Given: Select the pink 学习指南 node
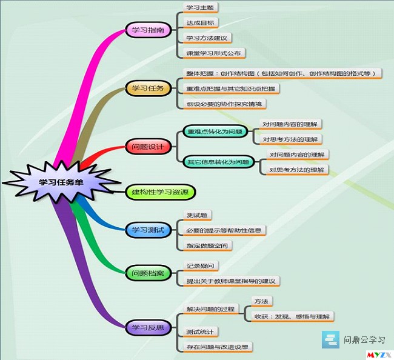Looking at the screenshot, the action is coord(148,30).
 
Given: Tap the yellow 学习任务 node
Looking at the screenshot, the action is coord(148,88).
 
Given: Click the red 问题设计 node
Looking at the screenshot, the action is coord(148,147).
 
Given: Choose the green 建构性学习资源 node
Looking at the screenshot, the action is coord(160,192).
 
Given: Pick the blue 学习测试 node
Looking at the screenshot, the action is coord(148,230).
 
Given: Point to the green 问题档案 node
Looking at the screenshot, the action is coord(148,273).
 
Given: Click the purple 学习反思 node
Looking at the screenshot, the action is coord(148,328).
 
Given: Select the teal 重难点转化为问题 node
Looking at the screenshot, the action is coord(215,132).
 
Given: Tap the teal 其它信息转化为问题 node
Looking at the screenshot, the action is coord(218,162).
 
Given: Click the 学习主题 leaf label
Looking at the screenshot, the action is coord(200,7).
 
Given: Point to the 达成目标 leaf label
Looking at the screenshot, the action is coord(200,23).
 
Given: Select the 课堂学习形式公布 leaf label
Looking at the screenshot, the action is coord(213,53).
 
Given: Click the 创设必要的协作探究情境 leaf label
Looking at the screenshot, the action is coord(224,104).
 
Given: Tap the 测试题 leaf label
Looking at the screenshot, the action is coord(197,215).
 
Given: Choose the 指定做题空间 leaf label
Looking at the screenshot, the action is coord(207,245).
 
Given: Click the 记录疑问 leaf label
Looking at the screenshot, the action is coord(201,266).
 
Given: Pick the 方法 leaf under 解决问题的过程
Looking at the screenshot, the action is coord(262,301).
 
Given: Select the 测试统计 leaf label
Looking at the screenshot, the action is coord(200,332).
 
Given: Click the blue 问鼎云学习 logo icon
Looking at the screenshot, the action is coord(330,339).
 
